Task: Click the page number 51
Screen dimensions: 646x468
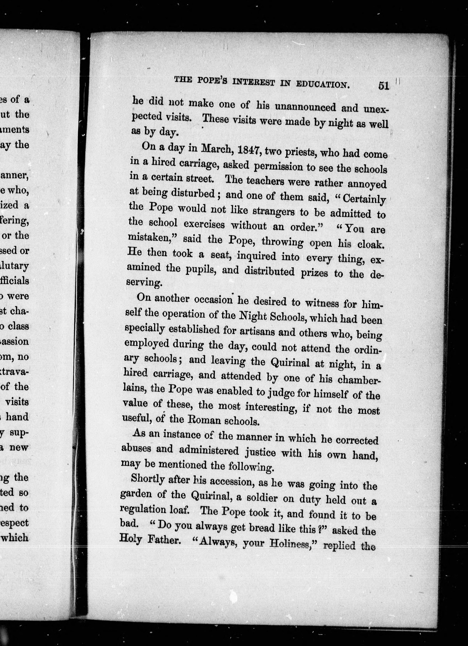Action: [x=383, y=85]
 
